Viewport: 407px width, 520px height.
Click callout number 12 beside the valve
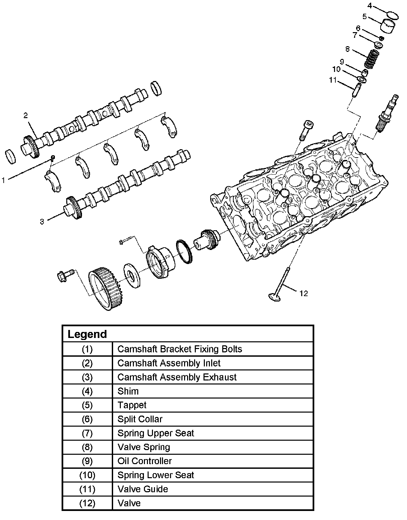pyautogui.click(x=304, y=293)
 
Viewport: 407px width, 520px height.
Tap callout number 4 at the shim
pyautogui.click(x=370, y=5)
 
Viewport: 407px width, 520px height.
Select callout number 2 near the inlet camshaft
pyautogui.click(x=25, y=115)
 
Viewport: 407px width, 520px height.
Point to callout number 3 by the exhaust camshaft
pyautogui.click(x=42, y=222)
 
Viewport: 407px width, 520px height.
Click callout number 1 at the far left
pyautogui.click(x=3, y=180)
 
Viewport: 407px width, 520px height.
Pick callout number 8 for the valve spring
pyautogui.click(x=348, y=49)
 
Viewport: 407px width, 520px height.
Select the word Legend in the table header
pyautogui.click(x=87, y=334)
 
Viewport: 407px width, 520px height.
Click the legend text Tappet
pyautogui.click(x=132, y=405)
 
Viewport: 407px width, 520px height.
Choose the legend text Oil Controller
pyautogui.click(x=144, y=461)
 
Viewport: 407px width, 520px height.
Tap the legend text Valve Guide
pyautogui.click(x=143, y=489)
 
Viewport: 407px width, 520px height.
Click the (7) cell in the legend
pyautogui.click(x=87, y=433)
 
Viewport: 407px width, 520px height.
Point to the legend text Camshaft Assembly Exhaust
pyautogui.click(x=177, y=377)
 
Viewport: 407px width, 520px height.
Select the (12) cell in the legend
pyautogui.click(x=87, y=503)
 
